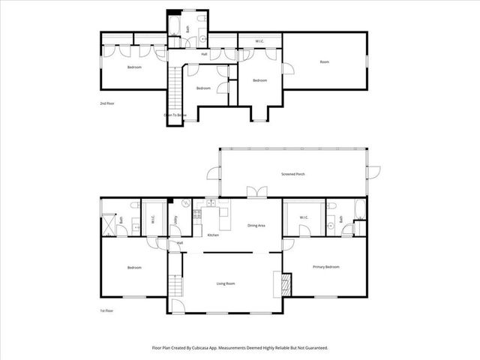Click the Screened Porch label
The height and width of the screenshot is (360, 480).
[292, 174]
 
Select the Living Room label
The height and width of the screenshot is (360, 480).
[226, 283]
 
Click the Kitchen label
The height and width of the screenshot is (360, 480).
[213, 235]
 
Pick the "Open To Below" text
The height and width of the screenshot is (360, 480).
[175, 115]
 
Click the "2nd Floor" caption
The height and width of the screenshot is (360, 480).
[106, 103]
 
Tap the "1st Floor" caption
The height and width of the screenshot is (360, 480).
[106, 309]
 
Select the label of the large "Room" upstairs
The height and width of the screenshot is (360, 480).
[325, 61]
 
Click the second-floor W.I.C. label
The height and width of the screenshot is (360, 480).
[259, 41]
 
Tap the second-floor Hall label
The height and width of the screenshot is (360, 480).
[204, 54]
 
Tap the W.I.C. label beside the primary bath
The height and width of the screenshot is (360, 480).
[304, 218]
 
